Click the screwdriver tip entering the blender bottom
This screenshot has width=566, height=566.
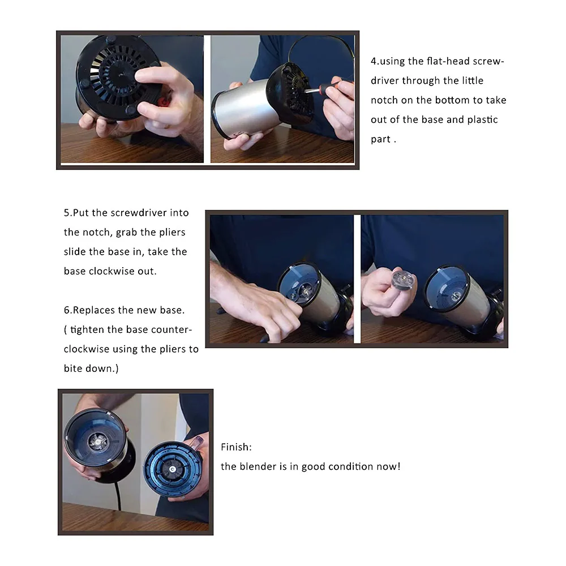click(x=306, y=91)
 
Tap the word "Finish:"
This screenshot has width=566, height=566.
click(x=236, y=447)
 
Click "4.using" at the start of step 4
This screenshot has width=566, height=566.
click(x=388, y=61)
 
